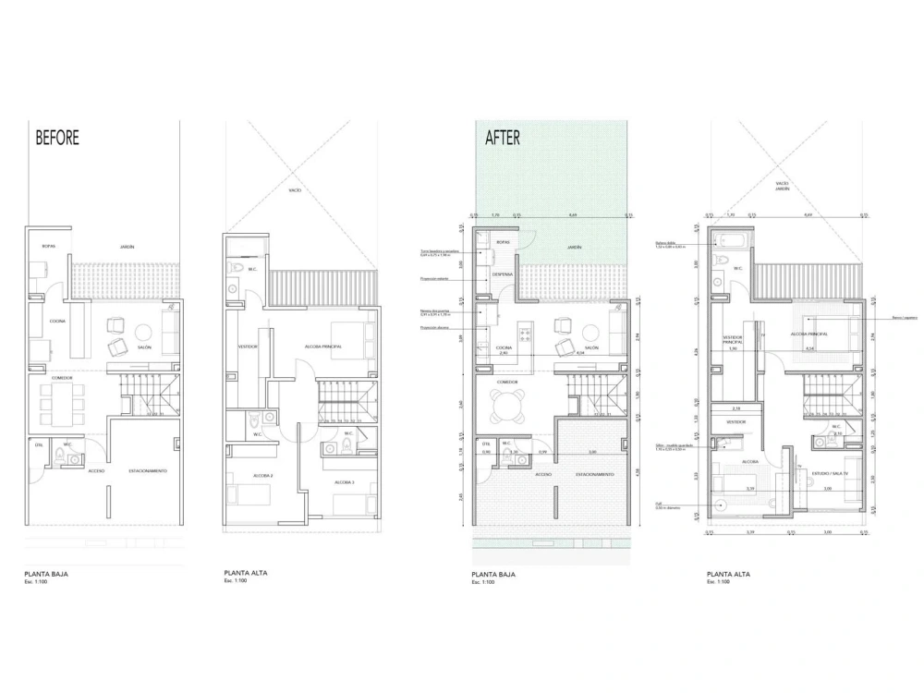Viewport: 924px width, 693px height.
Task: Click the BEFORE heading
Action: click(57, 138)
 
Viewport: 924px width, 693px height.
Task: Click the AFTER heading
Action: click(503, 138)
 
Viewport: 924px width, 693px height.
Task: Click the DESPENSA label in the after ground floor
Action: click(503, 274)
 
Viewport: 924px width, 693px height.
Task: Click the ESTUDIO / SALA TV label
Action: click(828, 475)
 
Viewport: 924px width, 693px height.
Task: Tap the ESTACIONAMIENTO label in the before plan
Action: click(148, 470)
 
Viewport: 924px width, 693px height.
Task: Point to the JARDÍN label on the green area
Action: click(574, 248)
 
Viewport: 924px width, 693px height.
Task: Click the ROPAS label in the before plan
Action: click(50, 247)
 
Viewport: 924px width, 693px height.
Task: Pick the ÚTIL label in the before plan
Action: click(39, 444)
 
